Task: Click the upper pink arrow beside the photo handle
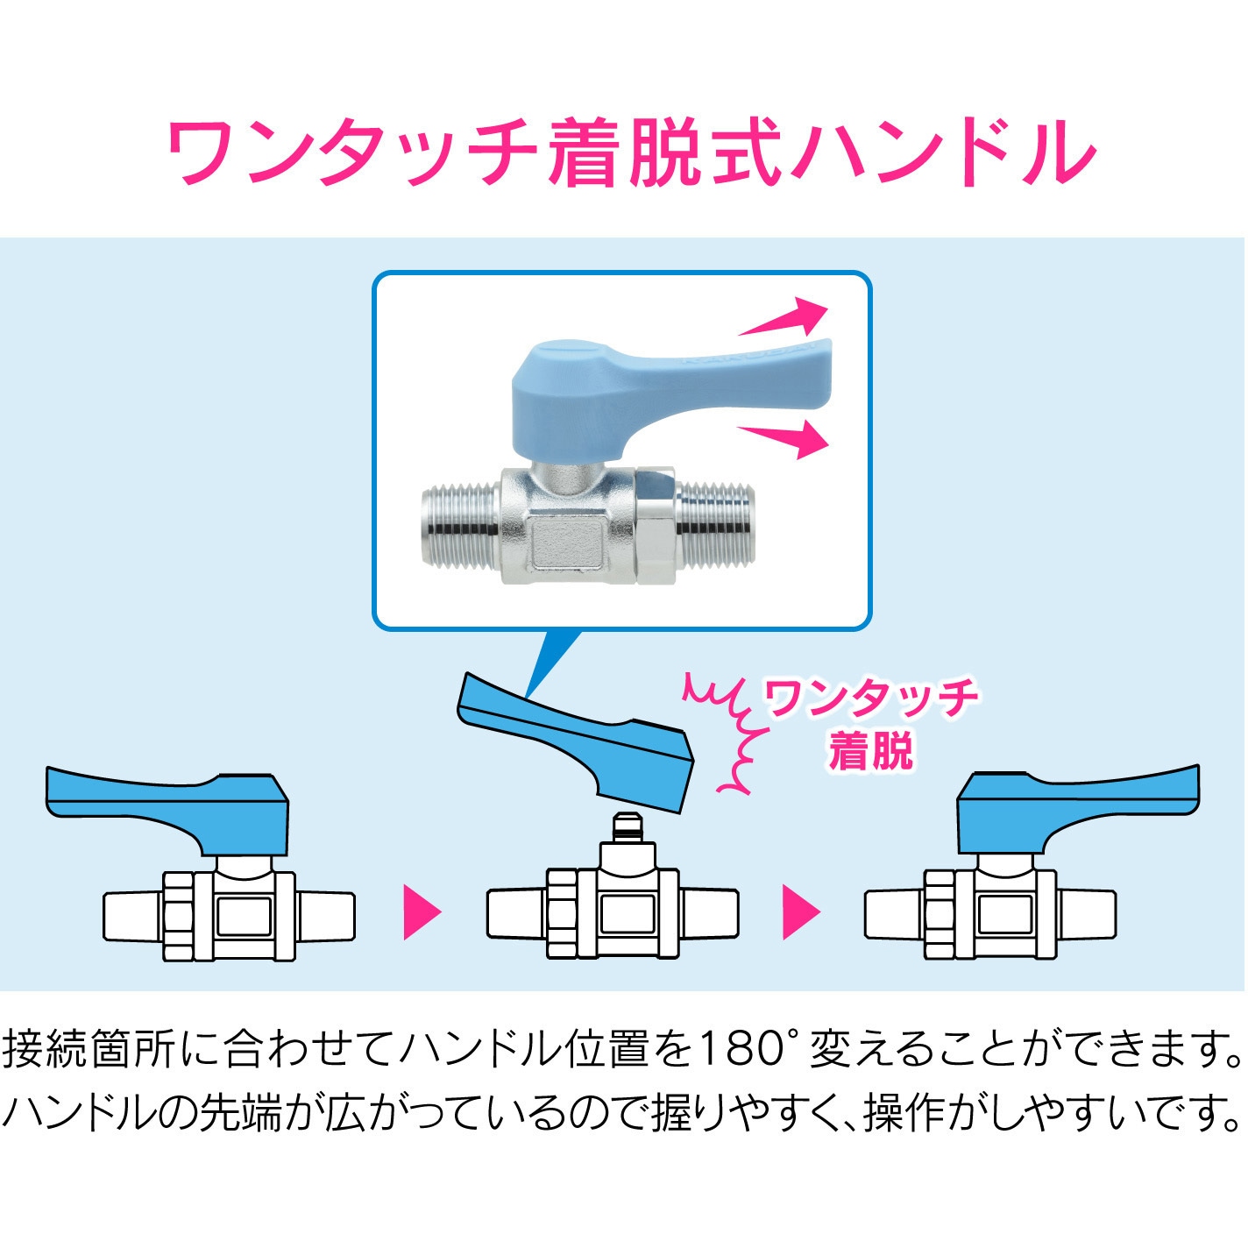coord(785,319)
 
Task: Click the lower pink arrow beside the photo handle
coord(785,437)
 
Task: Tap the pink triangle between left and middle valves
coord(421,912)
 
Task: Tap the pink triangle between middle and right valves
coord(800,912)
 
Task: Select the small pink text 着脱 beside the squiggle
coord(870,752)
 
